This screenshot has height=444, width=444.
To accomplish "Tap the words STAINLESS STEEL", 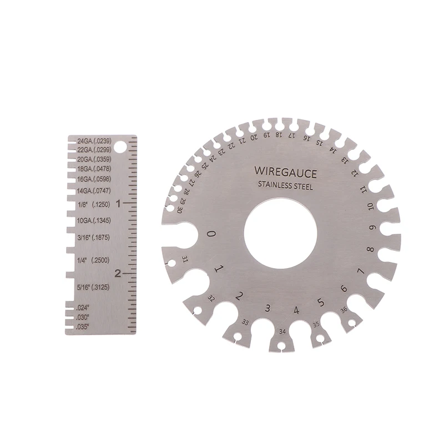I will [x=285, y=186].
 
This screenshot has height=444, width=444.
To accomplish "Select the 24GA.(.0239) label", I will [x=95, y=140].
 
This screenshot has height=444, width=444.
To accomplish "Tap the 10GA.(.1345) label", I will [x=94, y=221].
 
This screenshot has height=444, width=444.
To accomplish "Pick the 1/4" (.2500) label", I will [x=93, y=259].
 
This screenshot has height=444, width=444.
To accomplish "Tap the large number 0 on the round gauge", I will [x=211, y=234].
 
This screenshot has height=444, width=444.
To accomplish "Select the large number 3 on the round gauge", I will [x=268, y=309].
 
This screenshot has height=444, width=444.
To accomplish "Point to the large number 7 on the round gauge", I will [x=360, y=271].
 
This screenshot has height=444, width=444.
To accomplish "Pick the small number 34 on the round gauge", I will [x=283, y=331].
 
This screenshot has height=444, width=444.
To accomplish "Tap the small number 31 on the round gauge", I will [x=184, y=259].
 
